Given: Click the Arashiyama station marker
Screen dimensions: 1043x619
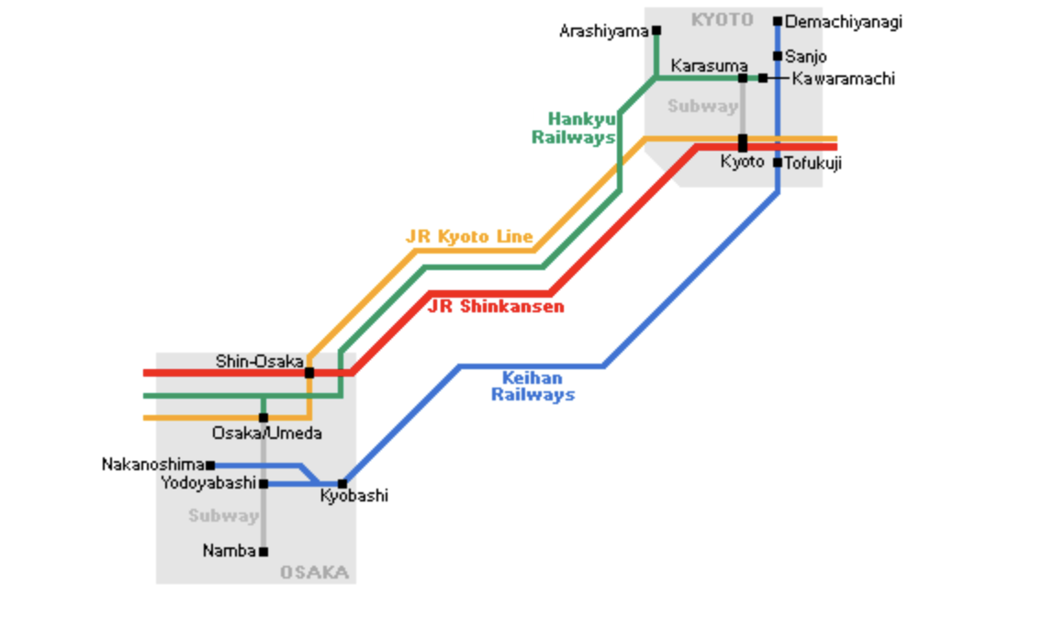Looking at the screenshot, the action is (x=656, y=30).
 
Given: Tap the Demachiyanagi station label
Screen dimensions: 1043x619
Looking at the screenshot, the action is (x=843, y=21).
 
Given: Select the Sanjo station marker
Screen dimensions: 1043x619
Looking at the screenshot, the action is (x=778, y=56).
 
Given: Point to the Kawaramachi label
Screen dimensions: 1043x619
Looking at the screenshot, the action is (x=843, y=79).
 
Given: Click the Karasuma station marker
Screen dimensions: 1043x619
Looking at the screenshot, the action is (x=743, y=78).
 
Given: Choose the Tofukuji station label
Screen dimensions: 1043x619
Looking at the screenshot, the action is (x=813, y=163).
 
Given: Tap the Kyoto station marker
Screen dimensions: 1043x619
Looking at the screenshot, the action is (x=743, y=142).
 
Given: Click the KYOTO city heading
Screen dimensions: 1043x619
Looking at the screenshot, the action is (x=722, y=19).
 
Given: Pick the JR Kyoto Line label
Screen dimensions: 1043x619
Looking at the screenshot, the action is (x=469, y=237).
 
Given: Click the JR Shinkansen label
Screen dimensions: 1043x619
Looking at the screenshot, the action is (x=496, y=307).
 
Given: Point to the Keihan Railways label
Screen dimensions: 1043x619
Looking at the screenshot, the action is (x=533, y=387).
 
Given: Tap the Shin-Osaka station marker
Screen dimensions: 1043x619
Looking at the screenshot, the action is (x=309, y=372).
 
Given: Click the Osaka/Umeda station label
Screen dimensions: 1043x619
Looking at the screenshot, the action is (x=266, y=433).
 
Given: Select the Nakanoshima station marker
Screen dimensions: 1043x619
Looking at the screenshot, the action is (x=210, y=466).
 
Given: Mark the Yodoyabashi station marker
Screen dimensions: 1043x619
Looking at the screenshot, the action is (x=264, y=483).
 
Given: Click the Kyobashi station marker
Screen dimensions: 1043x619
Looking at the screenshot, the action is (x=342, y=483).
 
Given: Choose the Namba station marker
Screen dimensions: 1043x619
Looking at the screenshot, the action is (x=264, y=552).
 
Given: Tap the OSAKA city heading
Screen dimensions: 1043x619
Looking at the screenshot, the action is (x=314, y=573).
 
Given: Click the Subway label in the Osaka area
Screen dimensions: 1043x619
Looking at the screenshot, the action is (x=223, y=516).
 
